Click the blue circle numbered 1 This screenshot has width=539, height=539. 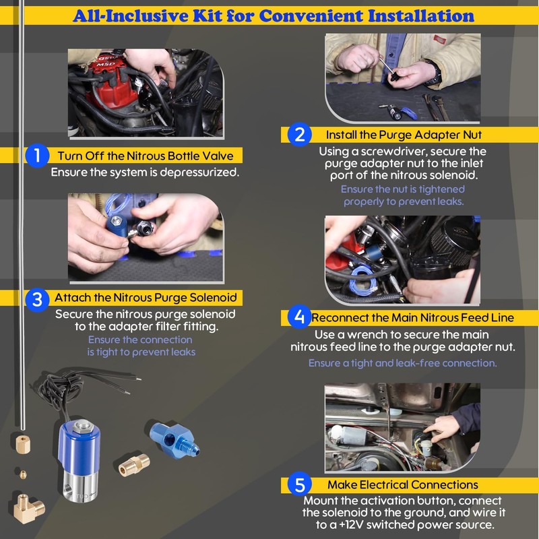coord(37,156)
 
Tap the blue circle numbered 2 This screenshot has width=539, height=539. coord(300,134)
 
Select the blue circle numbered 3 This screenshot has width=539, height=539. coord(37,300)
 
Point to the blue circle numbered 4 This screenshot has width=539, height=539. coord(300,317)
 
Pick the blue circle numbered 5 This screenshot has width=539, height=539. coord(300,484)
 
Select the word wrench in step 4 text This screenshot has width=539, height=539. coord(366,334)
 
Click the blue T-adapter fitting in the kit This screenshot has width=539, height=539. coord(175,439)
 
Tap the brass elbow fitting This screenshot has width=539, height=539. coord(28,508)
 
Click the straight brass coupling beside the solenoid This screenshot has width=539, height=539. coord(134,465)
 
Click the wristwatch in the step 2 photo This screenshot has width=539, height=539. coord(435,73)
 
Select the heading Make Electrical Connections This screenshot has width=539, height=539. coord(402,484)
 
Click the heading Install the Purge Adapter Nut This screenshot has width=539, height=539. coord(404,135)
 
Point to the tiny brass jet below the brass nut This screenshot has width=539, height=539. coord(23,475)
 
